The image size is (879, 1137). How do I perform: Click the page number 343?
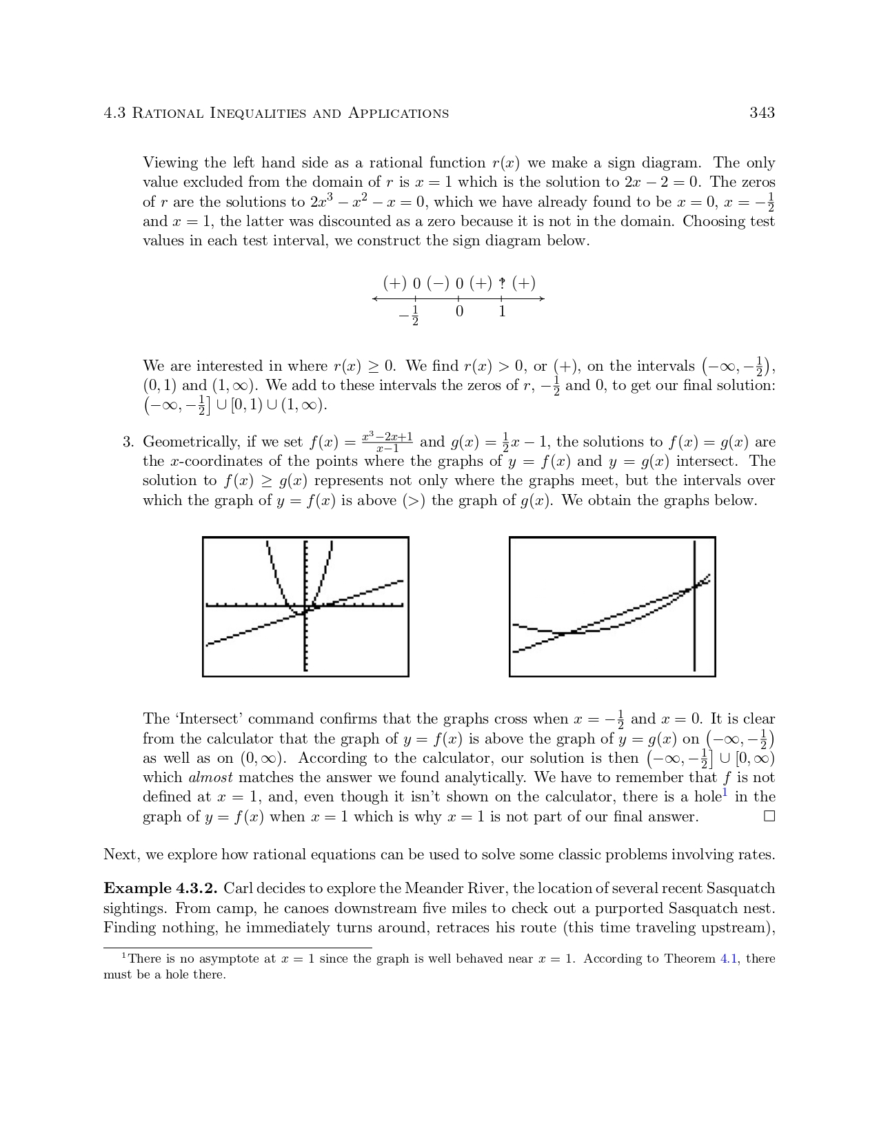[762, 113]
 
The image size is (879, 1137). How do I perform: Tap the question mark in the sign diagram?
[503, 283]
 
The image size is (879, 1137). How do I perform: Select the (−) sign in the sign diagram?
[438, 283]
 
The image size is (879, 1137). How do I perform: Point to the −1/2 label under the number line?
[410, 315]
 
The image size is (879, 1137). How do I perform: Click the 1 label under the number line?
[502, 311]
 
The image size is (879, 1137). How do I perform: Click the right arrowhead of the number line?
[542, 298]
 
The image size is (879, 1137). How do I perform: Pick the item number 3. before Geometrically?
[128, 442]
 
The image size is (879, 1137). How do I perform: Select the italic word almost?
[210, 778]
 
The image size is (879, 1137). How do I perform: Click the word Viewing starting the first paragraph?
[170, 163]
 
